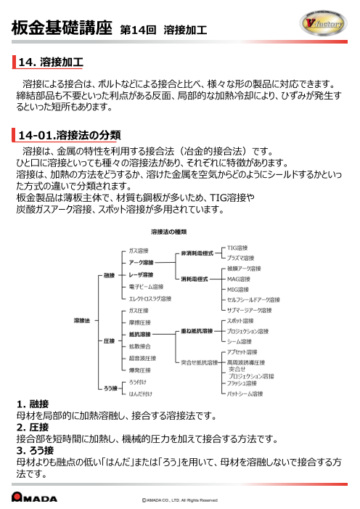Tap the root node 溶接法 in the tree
pyautogui.click(x=82, y=319)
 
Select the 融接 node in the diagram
pyautogui.click(x=107, y=276)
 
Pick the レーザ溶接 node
pyautogui.click(x=141, y=276)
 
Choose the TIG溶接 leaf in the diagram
pyautogui.click(x=238, y=248)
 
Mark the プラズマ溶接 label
pyautogui.click(x=241, y=258)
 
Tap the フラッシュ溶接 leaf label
pyautogui.click(x=242, y=383)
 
